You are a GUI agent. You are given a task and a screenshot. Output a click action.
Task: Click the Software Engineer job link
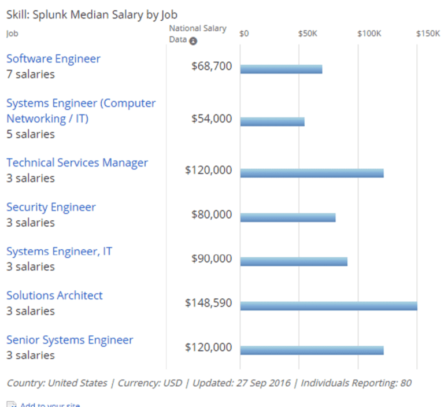click(x=53, y=59)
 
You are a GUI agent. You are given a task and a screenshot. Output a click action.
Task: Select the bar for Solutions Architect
click(x=328, y=306)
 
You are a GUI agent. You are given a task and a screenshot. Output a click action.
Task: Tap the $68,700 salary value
click(x=212, y=66)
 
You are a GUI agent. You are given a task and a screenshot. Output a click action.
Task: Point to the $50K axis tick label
click(x=308, y=34)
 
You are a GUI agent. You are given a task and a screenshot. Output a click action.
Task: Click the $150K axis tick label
click(x=428, y=34)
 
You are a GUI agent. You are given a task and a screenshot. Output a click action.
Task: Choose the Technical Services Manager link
click(x=77, y=163)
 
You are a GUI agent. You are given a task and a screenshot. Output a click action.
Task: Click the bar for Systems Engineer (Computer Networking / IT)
click(x=272, y=122)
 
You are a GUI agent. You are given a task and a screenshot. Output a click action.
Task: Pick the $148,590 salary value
click(x=209, y=303)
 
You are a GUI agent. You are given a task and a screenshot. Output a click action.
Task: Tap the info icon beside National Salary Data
click(x=193, y=41)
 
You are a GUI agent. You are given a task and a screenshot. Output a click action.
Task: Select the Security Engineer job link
click(x=51, y=207)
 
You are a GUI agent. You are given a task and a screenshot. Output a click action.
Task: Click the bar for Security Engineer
click(x=288, y=217)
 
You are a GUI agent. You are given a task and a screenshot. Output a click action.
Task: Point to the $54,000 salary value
click(x=212, y=119)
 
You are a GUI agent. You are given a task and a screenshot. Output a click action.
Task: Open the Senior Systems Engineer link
click(x=69, y=340)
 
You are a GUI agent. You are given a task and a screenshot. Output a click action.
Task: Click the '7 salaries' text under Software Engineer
click(x=31, y=75)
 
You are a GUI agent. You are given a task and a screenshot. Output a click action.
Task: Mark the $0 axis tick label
click(x=244, y=34)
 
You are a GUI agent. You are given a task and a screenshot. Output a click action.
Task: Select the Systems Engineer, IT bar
click(x=294, y=261)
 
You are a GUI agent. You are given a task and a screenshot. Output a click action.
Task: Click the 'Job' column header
click(x=12, y=34)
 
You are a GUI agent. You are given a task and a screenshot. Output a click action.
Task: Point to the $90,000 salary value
click(x=212, y=258)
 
